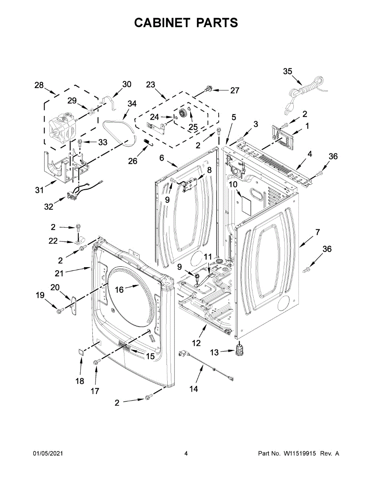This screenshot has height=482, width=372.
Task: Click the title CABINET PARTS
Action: coord(186,23)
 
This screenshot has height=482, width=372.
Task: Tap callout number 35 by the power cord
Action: coord(288,71)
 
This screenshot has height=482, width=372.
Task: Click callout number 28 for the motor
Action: coord(39,85)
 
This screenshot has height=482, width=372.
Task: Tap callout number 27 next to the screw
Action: coord(234,90)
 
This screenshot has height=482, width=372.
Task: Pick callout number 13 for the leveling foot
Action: coord(215,352)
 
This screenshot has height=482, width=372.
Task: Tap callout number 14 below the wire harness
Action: coord(193,389)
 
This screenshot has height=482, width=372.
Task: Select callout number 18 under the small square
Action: coord(80,381)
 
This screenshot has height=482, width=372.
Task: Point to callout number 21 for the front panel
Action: coord(60,273)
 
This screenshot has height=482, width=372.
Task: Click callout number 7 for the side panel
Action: coord(317,232)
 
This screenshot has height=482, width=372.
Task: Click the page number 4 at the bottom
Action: coord(186,453)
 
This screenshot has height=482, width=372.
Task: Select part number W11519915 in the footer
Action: coord(303,453)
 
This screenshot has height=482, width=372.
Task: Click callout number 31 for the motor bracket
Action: coord(39,190)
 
